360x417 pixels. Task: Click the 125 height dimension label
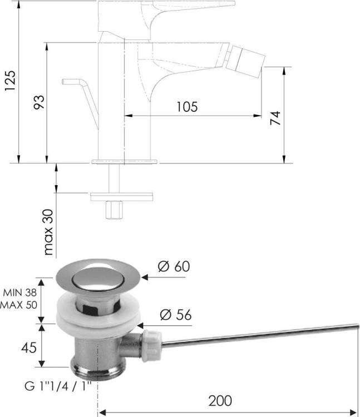click(10, 81)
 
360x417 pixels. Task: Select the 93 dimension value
click(39, 102)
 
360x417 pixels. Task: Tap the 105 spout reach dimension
click(188, 107)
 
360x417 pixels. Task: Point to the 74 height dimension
click(275, 118)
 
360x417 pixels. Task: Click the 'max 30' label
click(48, 232)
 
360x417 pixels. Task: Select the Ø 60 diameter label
click(174, 266)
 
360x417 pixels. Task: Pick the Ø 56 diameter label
click(176, 315)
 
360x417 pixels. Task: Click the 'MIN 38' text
click(19, 293)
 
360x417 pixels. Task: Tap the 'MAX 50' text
click(18, 305)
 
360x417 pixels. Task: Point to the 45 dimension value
click(29, 348)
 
